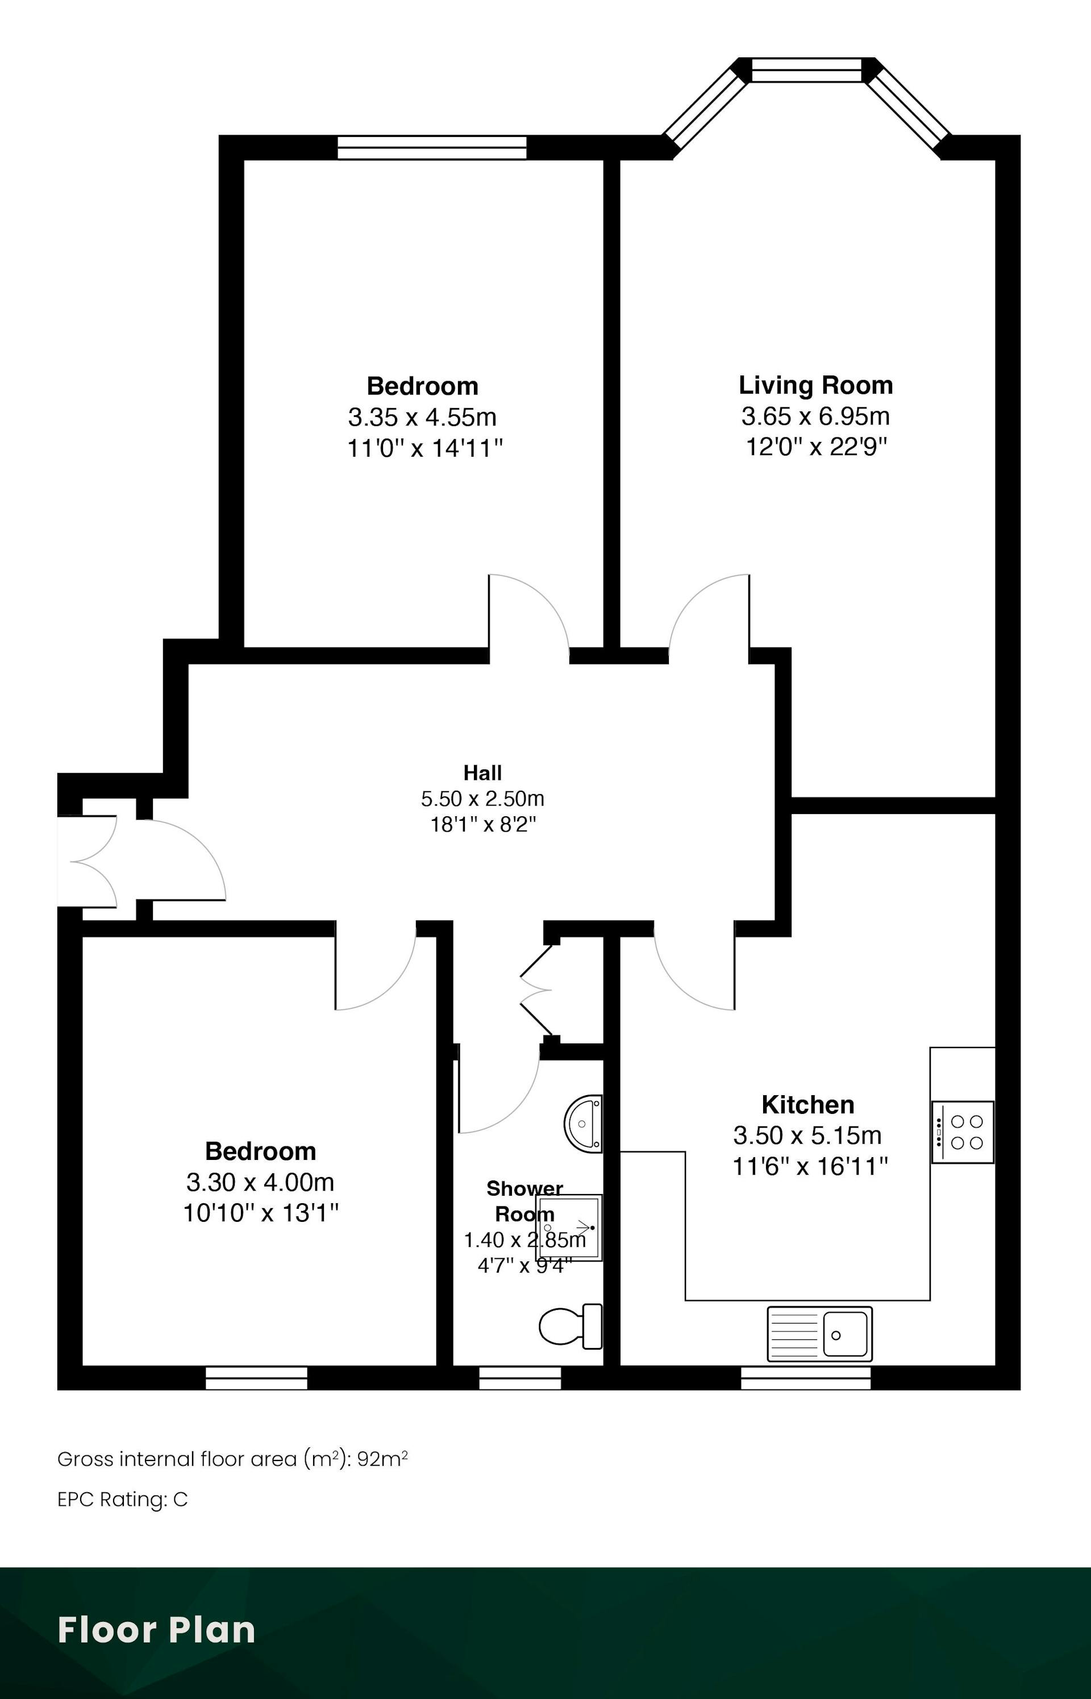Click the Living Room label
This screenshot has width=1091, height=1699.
pos(815,385)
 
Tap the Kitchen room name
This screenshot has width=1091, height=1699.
pos(807,1105)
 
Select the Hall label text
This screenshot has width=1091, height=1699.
pos(482,772)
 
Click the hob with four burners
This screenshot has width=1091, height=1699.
pos(963,1132)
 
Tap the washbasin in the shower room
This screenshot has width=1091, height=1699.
pos(583,1123)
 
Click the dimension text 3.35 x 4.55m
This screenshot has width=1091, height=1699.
pos(422,417)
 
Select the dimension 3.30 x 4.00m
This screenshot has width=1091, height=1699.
pos(260,1182)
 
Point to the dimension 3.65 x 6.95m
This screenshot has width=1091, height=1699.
pos(815,416)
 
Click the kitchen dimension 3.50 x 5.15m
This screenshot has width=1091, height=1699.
pos(807,1136)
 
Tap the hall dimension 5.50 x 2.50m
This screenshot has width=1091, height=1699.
pos(482,799)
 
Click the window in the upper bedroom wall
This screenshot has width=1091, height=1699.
pos(432,147)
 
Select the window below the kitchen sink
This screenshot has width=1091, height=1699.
pos(806,1377)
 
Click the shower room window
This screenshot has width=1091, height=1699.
pos(520,1377)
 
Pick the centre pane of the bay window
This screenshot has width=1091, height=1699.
pos(807,69)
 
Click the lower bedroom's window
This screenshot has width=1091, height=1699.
pos(256,1377)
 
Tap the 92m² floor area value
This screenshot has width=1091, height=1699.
pos(382,1458)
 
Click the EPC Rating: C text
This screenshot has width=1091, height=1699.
pos(123,1499)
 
